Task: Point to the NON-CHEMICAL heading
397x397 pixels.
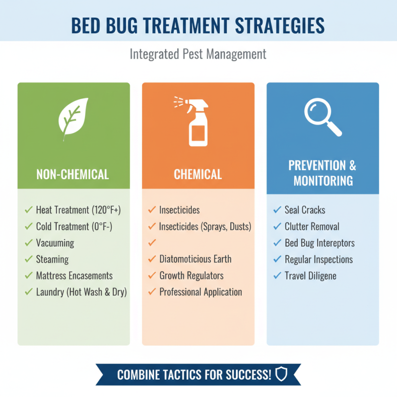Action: (x=72, y=174)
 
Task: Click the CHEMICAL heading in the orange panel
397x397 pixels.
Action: (x=198, y=174)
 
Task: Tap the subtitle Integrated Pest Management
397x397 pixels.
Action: (x=198, y=54)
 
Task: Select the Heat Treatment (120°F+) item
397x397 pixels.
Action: (x=78, y=210)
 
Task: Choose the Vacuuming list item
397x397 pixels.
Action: (x=55, y=243)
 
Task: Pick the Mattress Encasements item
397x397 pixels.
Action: (x=74, y=275)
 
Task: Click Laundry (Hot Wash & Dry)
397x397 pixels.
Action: (x=81, y=292)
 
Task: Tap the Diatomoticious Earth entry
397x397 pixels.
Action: (x=195, y=259)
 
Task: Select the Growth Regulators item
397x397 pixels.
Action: (x=192, y=275)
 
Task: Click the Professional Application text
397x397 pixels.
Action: (x=200, y=292)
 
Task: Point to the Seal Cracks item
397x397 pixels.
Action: (x=305, y=210)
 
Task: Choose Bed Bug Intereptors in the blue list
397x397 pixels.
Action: (x=320, y=243)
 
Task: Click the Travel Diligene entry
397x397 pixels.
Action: (x=311, y=275)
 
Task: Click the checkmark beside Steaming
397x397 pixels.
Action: (x=28, y=259)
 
